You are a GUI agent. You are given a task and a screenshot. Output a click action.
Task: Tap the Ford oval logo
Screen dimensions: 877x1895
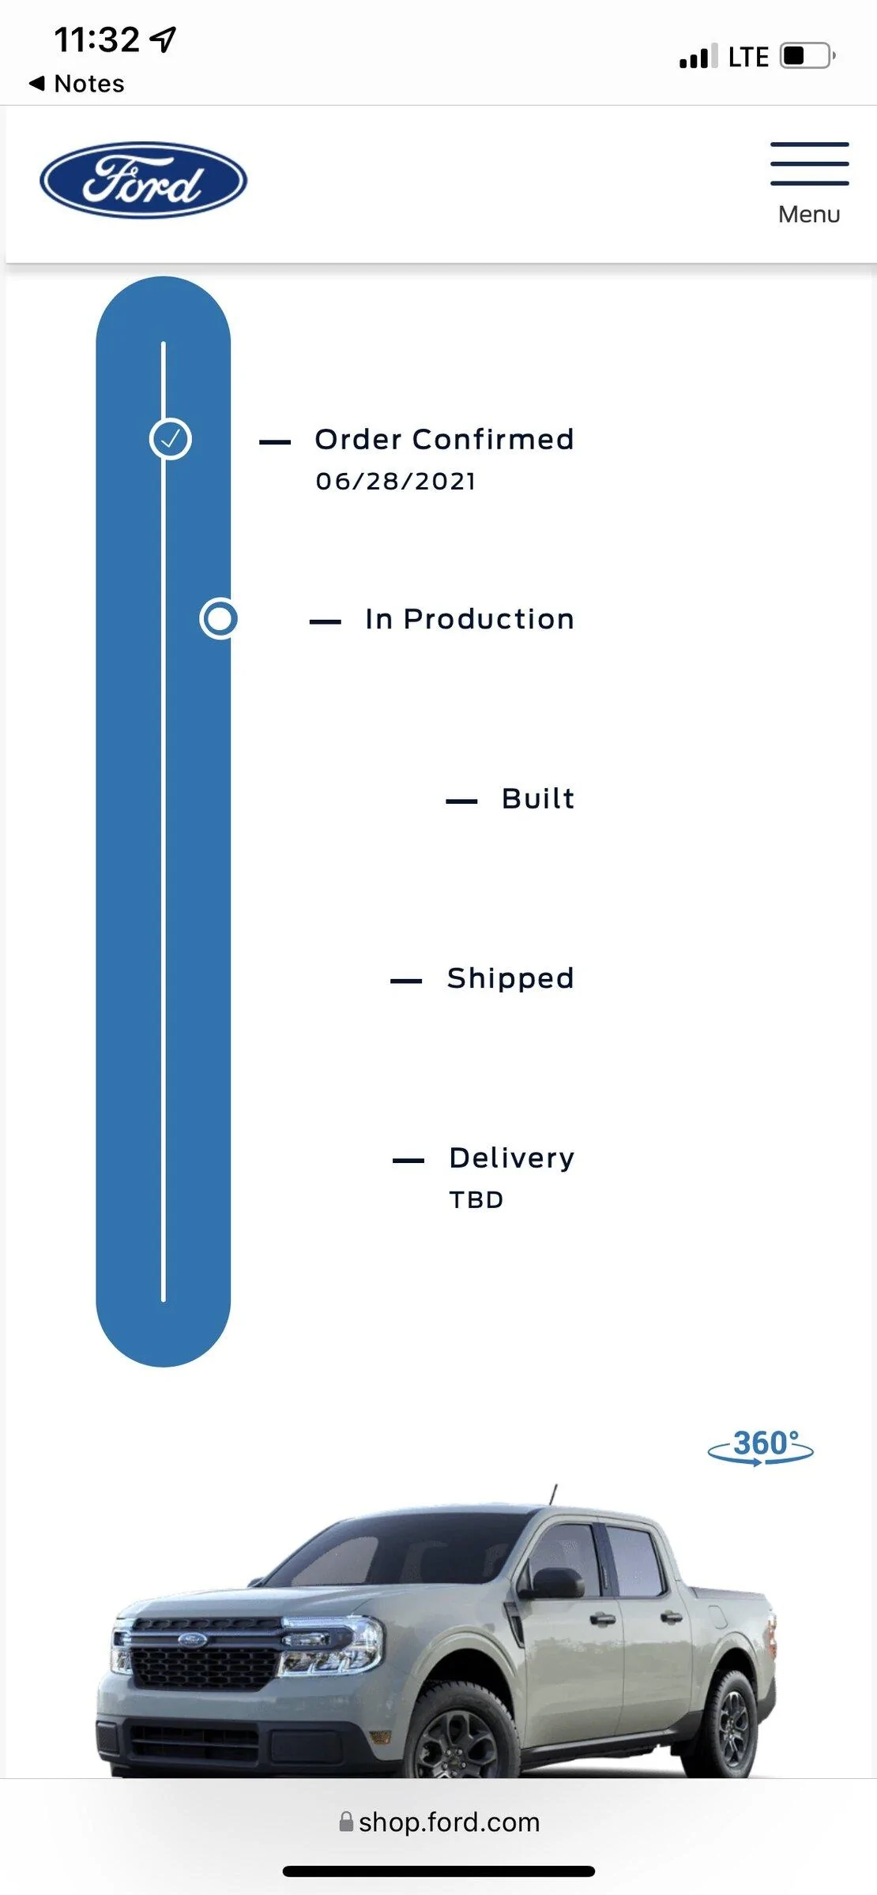(x=143, y=180)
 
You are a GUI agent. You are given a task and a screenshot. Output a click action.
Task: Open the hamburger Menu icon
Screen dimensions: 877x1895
(x=809, y=163)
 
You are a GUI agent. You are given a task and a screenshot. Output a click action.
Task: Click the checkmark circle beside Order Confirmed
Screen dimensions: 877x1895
(x=170, y=439)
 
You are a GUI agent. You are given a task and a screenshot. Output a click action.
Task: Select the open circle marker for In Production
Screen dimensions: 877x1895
(x=219, y=618)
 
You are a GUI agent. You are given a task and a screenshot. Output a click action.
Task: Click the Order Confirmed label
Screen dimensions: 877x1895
(x=444, y=439)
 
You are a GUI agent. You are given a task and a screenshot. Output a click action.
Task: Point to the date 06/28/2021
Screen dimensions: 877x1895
(x=396, y=481)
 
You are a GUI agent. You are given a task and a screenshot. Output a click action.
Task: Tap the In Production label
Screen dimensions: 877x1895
(x=469, y=619)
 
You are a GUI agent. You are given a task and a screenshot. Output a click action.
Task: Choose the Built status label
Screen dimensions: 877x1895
(x=538, y=798)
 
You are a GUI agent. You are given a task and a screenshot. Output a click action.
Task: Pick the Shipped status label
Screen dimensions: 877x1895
(x=510, y=978)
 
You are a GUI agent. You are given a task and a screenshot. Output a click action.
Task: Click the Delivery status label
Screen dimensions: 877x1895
(x=512, y=1158)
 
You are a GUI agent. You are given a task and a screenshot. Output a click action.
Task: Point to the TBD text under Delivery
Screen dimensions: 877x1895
(x=476, y=1199)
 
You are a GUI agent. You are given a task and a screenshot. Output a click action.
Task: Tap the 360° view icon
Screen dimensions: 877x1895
(x=760, y=1447)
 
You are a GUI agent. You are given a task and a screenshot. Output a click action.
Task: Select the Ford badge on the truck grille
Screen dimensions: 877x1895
(x=191, y=1639)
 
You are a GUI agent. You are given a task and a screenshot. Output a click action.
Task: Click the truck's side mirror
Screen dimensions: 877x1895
(x=556, y=1582)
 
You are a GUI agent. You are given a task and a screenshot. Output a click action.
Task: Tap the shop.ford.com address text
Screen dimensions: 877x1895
(x=450, y=1822)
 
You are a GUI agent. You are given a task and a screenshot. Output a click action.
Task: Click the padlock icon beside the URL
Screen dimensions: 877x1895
(x=346, y=1822)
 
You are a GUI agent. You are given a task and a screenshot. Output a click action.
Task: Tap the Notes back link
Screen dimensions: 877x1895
(x=77, y=83)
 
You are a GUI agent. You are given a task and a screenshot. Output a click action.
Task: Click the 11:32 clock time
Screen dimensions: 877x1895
(x=96, y=39)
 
